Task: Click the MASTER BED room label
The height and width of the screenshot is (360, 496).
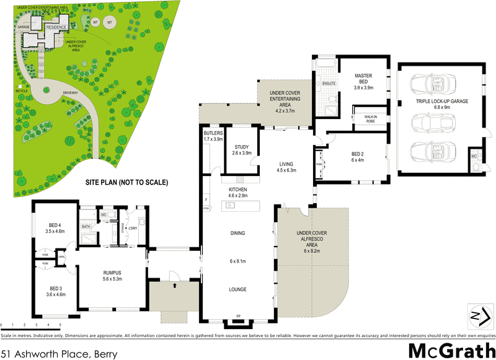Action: pos(363,79)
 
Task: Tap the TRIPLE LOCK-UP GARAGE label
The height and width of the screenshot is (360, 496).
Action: pos(442,100)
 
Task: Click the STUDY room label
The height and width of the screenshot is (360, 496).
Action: pos(241,147)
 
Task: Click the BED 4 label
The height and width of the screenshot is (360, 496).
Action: pos(55,225)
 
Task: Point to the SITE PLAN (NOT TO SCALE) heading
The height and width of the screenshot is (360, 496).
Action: pos(126,183)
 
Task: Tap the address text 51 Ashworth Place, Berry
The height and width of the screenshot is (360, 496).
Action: pos(59,354)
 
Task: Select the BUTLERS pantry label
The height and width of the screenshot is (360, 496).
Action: pos(213,133)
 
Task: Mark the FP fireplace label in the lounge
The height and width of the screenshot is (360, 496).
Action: pos(239,317)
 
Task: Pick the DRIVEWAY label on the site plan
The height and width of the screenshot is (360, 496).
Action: pos(70,94)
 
